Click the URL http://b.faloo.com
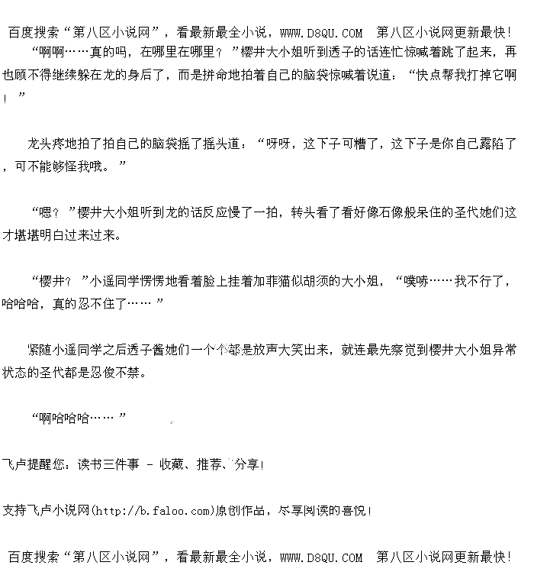[151, 511]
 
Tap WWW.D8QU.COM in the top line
[321, 33]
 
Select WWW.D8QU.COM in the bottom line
[321, 558]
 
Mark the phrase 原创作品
[242, 511]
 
